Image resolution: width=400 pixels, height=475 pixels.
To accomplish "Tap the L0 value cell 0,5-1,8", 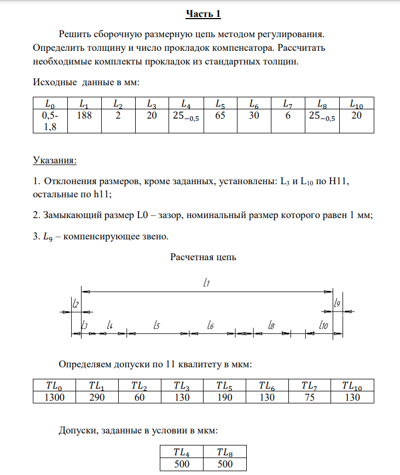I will click(x=50, y=121).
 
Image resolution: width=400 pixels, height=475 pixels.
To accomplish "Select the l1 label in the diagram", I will click(x=207, y=283).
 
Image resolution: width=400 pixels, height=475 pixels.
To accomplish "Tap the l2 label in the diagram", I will click(x=76, y=303).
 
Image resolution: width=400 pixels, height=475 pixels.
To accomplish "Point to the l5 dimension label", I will click(x=157, y=325).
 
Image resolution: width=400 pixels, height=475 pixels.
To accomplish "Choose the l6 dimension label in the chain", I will click(x=211, y=325).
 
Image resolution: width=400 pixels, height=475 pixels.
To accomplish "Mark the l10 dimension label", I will click(x=323, y=325).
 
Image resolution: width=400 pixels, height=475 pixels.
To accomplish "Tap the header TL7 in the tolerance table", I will click(x=310, y=386).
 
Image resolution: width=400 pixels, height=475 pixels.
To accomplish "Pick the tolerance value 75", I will click(x=310, y=397).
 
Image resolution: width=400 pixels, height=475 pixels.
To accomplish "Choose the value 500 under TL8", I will click(x=224, y=464).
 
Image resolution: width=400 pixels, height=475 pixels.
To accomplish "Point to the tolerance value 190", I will click(x=224, y=397).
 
